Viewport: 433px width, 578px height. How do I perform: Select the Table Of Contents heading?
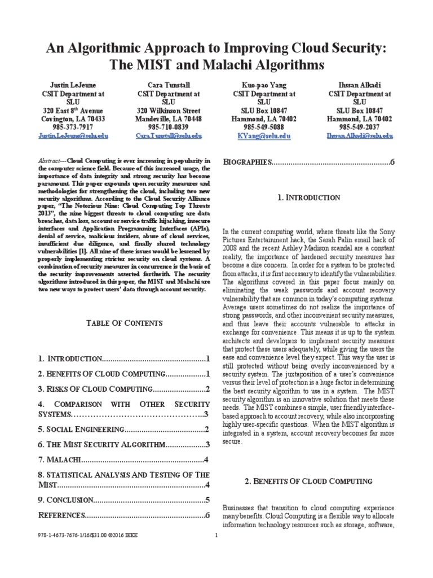click(124, 323)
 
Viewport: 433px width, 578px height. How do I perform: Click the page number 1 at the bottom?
click(216, 535)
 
